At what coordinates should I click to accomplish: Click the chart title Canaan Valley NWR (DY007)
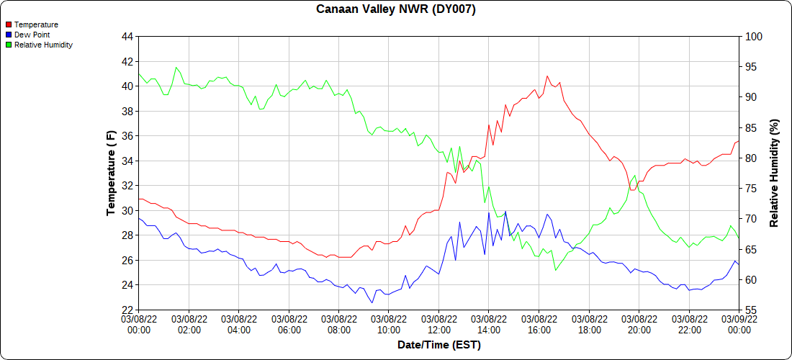pyautogui.click(x=396, y=9)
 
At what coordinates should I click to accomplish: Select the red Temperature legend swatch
pyautogui.click(x=9, y=24)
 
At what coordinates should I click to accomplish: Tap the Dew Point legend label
pyautogui.click(x=32, y=35)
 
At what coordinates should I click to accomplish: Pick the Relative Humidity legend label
pyautogui.click(x=43, y=45)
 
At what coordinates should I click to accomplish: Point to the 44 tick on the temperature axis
pyautogui.click(x=127, y=36)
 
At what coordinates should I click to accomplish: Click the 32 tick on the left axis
pyautogui.click(x=127, y=185)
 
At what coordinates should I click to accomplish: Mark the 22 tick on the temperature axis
pyautogui.click(x=127, y=310)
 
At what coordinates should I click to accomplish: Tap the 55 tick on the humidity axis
pyautogui.click(x=749, y=310)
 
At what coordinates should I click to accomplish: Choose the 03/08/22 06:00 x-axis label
pyautogui.click(x=289, y=324)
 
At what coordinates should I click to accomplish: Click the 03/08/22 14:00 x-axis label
pyautogui.click(x=489, y=324)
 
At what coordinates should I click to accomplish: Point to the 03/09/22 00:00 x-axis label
pyautogui.click(x=739, y=324)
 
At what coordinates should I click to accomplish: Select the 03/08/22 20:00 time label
pyautogui.click(x=639, y=324)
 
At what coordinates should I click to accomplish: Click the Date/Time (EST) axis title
pyautogui.click(x=438, y=345)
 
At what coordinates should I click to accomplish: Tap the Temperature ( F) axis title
pyautogui.click(x=111, y=173)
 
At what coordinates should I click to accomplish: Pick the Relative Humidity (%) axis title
pyautogui.click(x=774, y=173)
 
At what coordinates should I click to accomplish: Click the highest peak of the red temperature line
pyautogui.click(x=547, y=76)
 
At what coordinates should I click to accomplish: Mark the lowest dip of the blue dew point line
pyautogui.click(x=372, y=302)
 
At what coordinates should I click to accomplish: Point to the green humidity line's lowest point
pyautogui.click(x=556, y=270)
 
